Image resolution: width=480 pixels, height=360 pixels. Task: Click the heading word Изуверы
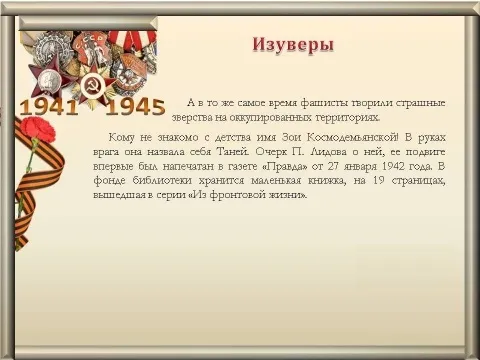point(293,45)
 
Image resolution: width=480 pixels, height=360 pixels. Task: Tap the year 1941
point(49,107)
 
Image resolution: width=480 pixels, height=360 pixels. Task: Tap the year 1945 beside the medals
point(135,107)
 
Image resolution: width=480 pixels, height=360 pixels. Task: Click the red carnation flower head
point(39,128)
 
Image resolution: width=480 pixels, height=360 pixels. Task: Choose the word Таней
point(233,152)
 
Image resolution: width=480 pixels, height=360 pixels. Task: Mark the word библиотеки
point(162,180)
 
